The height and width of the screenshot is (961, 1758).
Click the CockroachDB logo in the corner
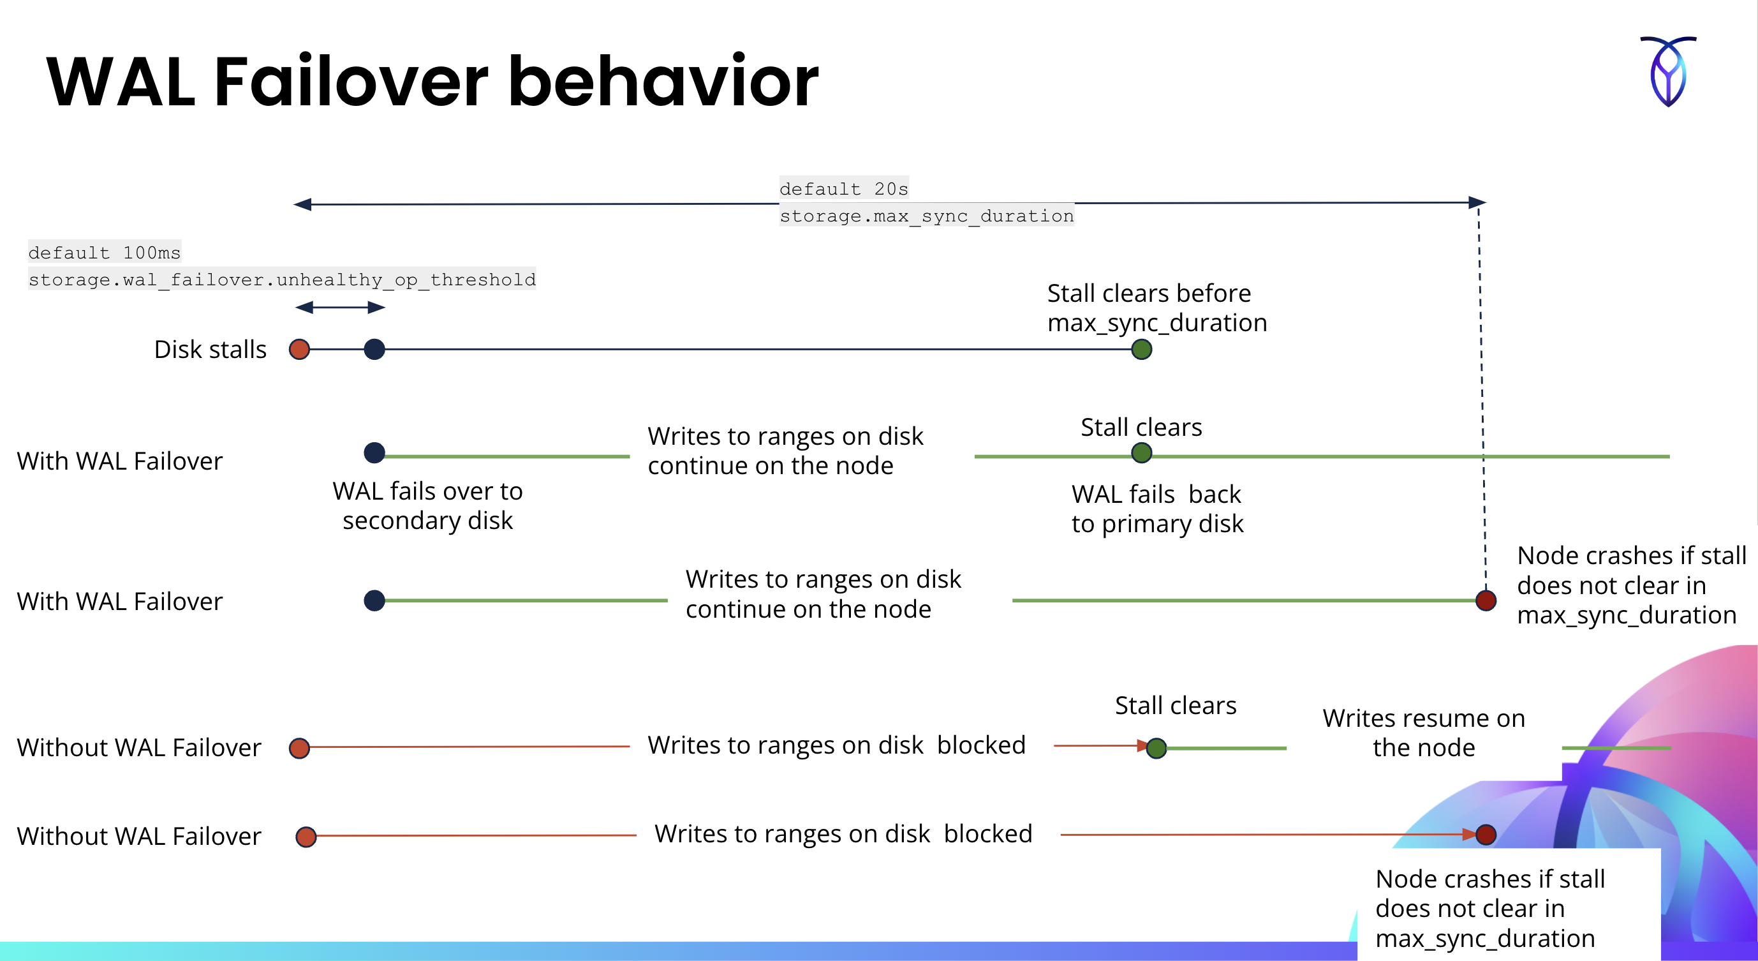tap(1668, 71)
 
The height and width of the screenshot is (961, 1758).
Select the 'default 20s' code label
tap(843, 188)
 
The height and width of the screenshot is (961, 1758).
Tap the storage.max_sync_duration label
tap(926, 216)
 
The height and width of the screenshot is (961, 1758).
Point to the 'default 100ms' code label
tap(105, 253)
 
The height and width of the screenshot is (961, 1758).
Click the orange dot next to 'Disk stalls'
tap(299, 350)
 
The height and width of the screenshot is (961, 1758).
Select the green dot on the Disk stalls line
tap(1141, 350)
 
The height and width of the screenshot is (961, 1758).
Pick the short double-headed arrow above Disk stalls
tap(340, 308)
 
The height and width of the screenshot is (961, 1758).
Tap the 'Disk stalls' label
tap(211, 350)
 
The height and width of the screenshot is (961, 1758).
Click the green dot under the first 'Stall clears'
tap(1141, 452)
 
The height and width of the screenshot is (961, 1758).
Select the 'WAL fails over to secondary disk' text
tap(427, 506)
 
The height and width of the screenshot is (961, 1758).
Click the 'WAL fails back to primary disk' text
tap(1156, 509)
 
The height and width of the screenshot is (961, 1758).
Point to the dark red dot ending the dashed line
tap(1486, 600)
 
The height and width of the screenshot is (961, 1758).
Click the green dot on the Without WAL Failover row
tap(1156, 748)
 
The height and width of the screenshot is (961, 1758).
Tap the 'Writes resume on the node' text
tap(1424, 733)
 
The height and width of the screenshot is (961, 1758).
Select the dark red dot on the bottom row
tap(1486, 834)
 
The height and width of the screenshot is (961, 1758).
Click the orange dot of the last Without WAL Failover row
tap(306, 836)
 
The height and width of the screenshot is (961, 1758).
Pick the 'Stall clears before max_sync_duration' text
tap(1156, 308)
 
